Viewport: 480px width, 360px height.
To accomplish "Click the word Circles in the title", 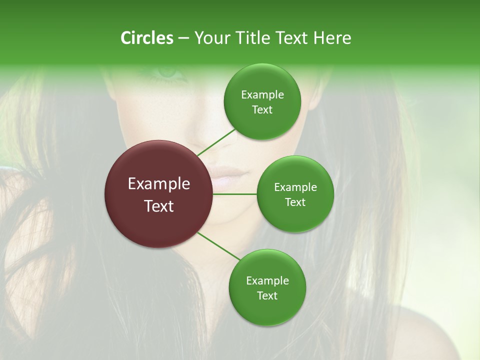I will point(146,38).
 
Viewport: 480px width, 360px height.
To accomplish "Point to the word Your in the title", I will point(209,38).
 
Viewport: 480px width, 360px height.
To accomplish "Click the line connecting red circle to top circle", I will point(216,142).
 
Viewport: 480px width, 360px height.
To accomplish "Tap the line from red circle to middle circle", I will point(235,194).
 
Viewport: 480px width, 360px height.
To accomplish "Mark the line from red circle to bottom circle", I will point(218,246).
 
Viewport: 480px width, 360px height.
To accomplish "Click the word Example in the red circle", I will point(159,184).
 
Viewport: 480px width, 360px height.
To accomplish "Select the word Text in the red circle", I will point(159,206).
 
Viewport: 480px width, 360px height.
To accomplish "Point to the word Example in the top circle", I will point(262,95).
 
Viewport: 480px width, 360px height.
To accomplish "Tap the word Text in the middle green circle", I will point(295,202).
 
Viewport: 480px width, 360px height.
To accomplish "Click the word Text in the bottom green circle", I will point(267,296).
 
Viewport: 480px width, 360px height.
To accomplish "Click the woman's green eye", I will point(169,72).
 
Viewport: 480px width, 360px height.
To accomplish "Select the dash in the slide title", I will point(183,38).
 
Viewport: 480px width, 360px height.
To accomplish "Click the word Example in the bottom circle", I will point(267,281).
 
